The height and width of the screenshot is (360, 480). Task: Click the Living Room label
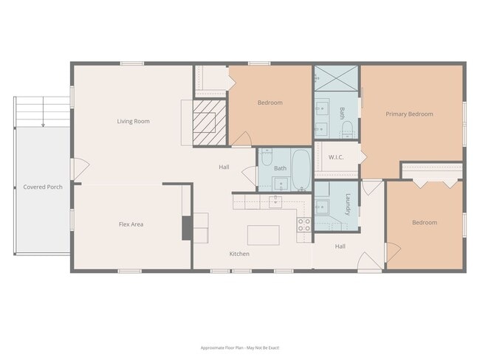(133, 121)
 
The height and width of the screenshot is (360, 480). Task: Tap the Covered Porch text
(43, 187)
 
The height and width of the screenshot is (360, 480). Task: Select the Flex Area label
(131, 224)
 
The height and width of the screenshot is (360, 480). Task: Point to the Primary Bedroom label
(409, 114)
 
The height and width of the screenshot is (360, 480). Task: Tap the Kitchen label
(239, 254)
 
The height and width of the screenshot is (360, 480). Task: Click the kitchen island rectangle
(264, 235)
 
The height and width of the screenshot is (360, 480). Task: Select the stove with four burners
(304, 225)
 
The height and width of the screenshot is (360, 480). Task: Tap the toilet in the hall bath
(267, 156)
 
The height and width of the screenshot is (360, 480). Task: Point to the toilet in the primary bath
(347, 131)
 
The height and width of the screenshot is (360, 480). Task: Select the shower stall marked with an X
(337, 77)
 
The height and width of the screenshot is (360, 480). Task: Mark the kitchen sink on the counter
(275, 201)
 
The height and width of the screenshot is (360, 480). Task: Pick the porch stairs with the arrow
(41, 111)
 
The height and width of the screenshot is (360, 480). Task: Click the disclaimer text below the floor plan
(239, 347)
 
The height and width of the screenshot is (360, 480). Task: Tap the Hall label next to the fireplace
(224, 167)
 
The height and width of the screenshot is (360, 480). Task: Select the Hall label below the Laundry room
(340, 246)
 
